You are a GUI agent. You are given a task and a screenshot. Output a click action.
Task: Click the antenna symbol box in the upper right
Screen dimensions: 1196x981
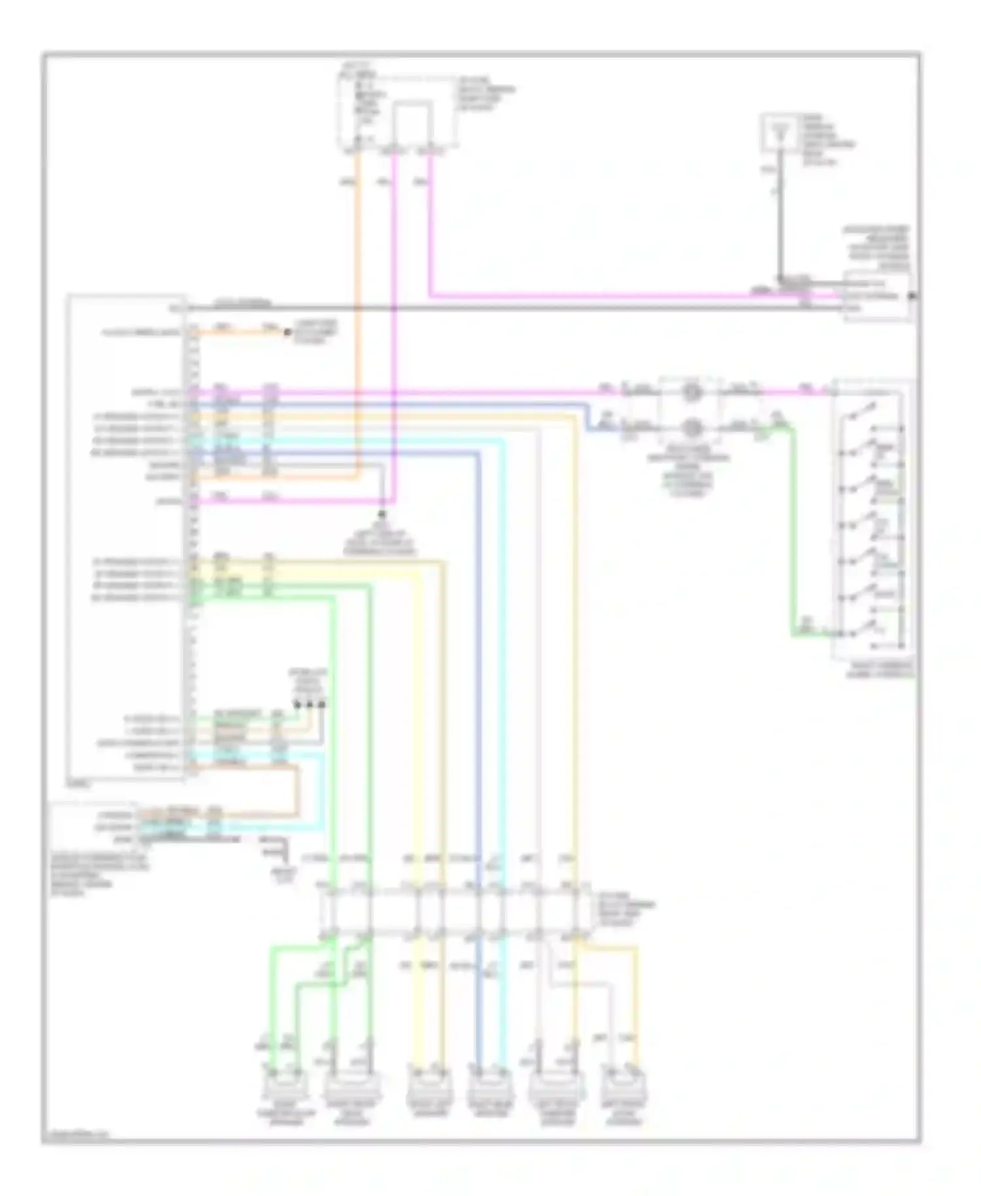pos(780,133)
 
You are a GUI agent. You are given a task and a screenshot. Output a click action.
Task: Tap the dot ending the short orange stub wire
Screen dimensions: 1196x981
pos(287,332)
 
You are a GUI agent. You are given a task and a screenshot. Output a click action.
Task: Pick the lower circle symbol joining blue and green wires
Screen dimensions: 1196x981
pos(692,429)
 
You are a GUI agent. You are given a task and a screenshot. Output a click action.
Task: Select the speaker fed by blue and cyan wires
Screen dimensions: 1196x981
pos(490,1089)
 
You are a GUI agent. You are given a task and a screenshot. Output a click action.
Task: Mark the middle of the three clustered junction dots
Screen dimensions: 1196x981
pos(309,705)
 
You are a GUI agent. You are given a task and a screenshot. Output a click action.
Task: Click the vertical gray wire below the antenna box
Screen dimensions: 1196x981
pos(780,216)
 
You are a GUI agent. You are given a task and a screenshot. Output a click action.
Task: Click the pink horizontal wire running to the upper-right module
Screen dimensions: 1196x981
pos(589,296)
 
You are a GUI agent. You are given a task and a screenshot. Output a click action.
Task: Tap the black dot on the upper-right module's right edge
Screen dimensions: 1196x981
pos(913,296)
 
